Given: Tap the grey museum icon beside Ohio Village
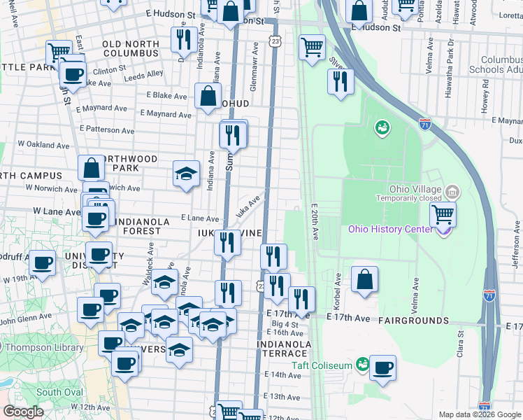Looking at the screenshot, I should [452, 190].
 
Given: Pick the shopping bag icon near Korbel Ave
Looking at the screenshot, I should [364, 279].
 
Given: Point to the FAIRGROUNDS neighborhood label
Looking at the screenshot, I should [414, 320].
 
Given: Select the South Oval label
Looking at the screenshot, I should [59, 392].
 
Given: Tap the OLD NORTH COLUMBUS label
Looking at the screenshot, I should [131, 48].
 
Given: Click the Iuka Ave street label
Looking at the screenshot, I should [248, 206].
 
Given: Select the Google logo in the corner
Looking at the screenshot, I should [23, 412].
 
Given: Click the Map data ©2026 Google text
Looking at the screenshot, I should [479, 414].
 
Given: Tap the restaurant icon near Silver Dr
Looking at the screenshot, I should [341, 81].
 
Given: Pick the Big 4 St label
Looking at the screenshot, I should [285, 324].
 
